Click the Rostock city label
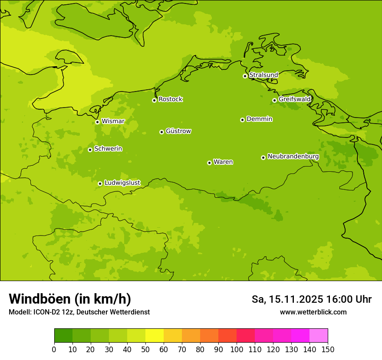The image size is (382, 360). tap(170, 99)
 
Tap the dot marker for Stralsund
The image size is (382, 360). tap(245, 76)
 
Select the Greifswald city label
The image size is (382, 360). tap(295, 99)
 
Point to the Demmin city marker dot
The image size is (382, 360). tap(242, 120)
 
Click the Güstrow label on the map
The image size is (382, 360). tap(178, 131)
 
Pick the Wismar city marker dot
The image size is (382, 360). tap(97, 122)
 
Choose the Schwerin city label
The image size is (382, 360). tap(108, 149)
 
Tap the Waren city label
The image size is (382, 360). tap(223, 162)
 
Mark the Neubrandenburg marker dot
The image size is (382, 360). tap(263, 157)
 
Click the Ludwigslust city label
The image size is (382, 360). tap(122, 183)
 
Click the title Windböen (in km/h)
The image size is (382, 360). tap(70, 299)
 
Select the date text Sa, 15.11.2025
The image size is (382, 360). tap(287, 299)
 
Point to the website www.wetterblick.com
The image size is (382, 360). tap(313, 312)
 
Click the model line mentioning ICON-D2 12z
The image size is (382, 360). tap(79, 312)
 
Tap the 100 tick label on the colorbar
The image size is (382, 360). tap(237, 350)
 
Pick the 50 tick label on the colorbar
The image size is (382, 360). tap(145, 350)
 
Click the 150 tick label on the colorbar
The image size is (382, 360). tap(328, 350)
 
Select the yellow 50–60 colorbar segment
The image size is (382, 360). tap(155, 336)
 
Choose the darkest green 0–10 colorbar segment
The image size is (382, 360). tap(63, 336)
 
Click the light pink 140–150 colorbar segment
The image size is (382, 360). tap(319, 336)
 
